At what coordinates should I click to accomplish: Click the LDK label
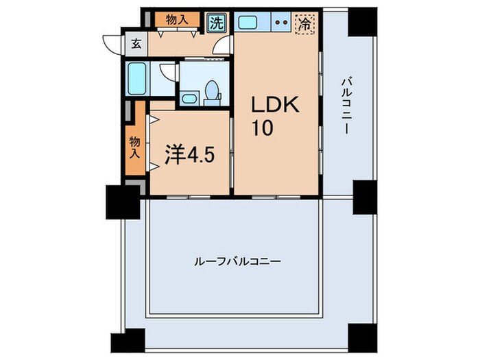click(x=275, y=106)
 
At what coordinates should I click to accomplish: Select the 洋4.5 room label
click(x=191, y=154)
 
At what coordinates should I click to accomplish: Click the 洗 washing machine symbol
click(x=216, y=22)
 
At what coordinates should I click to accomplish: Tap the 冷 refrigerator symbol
click(x=303, y=23)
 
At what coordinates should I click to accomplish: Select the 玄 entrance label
click(x=136, y=45)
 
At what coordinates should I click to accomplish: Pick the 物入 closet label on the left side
click(x=134, y=145)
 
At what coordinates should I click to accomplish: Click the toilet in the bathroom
click(x=212, y=92)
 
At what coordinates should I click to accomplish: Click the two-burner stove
click(x=281, y=22)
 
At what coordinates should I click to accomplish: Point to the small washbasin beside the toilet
click(x=190, y=99)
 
